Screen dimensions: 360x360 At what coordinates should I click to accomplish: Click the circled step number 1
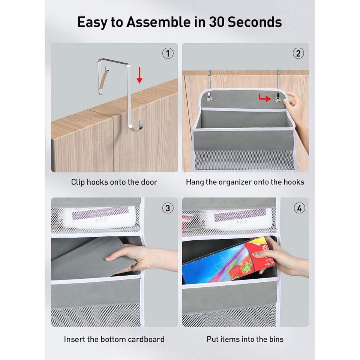pyautogui.click(x=168, y=54)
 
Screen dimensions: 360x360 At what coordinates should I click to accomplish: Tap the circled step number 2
pyautogui.click(x=298, y=54)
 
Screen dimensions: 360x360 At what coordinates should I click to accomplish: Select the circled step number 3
pyautogui.click(x=168, y=208)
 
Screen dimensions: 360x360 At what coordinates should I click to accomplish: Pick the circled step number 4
pyautogui.click(x=299, y=208)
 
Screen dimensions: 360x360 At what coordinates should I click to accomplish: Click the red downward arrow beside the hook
pyautogui.click(x=139, y=75)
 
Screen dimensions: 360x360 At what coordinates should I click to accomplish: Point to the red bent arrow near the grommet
pyautogui.click(x=264, y=98)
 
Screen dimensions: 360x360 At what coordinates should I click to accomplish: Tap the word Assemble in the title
pyautogui.click(x=158, y=22)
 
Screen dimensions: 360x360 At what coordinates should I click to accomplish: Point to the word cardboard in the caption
pyautogui.click(x=146, y=339)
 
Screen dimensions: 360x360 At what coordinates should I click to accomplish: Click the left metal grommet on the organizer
pyautogui.click(x=209, y=99)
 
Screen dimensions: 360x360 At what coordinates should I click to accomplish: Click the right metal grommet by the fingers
pyautogui.click(x=278, y=99)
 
